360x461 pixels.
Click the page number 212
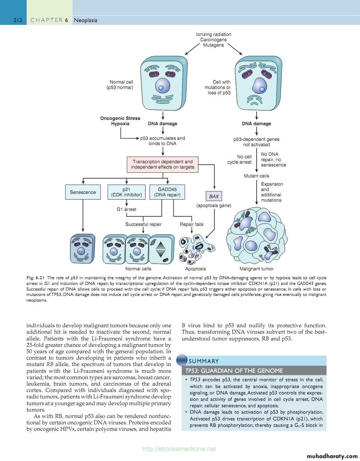tap(18, 20)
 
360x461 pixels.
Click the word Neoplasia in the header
tap(86, 20)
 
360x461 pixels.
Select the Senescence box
tap(83, 192)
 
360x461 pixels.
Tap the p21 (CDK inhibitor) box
tap(127, 192)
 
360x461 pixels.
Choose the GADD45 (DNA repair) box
tap(167, 192)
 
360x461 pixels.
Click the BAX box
tap(214, 196)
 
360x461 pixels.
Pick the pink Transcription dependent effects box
tap(162, 164)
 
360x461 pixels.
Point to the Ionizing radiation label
tap(214, 35)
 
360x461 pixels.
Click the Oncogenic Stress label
tap(120, 118)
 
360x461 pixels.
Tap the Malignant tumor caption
tap(257, 269)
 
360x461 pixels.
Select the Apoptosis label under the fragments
tap(195, 269)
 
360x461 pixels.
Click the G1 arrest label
tap(127, 210)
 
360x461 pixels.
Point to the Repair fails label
tap(192, 224)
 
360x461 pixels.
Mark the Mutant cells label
tap(257, 176)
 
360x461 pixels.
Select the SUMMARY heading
tap(204, 361)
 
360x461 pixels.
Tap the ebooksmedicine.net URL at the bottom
tap(179, 449)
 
